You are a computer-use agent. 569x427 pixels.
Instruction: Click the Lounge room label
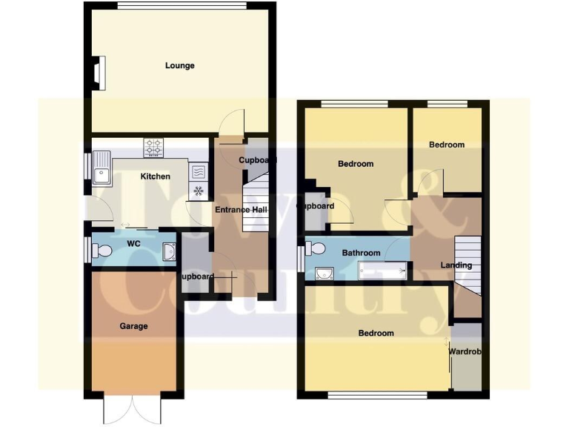[179, 66]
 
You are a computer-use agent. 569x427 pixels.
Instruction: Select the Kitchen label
[156, 176]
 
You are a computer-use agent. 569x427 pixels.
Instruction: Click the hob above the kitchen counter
[153, 148]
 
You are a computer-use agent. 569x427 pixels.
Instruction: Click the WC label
[134, 243]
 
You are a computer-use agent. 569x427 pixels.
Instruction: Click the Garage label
[134, 326]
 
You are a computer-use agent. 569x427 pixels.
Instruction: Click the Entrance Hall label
[240, 210]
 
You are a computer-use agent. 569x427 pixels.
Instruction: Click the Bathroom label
[361, 253]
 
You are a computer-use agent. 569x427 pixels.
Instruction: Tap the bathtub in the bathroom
[383, 271]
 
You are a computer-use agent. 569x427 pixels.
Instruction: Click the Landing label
[456, 265]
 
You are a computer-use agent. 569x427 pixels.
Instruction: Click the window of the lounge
[182, 7]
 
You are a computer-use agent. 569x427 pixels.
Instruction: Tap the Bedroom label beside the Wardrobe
[376, 334]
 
